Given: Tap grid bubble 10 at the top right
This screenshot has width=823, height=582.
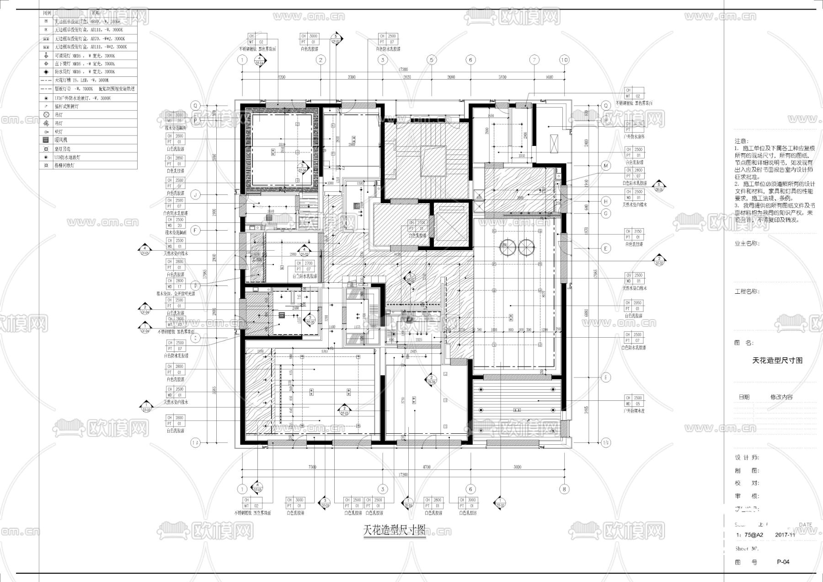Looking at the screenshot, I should [x=564, y=59].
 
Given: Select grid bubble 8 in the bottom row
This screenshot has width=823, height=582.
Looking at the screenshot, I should [x=564, y=489].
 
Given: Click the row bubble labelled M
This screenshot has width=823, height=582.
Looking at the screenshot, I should [x=606, y=166].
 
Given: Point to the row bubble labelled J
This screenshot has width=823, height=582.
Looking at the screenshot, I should [x=195, y=195].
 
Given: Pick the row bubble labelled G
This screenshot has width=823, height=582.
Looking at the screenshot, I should [x=606, y=213].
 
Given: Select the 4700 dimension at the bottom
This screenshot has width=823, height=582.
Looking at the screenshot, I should [x=426, y=467].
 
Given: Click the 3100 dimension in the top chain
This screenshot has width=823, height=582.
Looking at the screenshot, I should [x=502, y=77].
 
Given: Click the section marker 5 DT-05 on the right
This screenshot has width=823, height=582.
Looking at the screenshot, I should [x=658, y=185].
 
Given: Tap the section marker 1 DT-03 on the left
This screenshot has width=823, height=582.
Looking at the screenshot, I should [x=146, y=405].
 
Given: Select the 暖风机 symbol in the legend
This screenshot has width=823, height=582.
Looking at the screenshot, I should [x=45, y=140].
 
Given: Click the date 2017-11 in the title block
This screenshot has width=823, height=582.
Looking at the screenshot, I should [x=785, y=534].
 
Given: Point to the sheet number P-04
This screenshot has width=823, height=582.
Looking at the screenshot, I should [x=783, y=562].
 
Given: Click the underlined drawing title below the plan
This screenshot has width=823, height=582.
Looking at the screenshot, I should [x=394, y=530].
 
